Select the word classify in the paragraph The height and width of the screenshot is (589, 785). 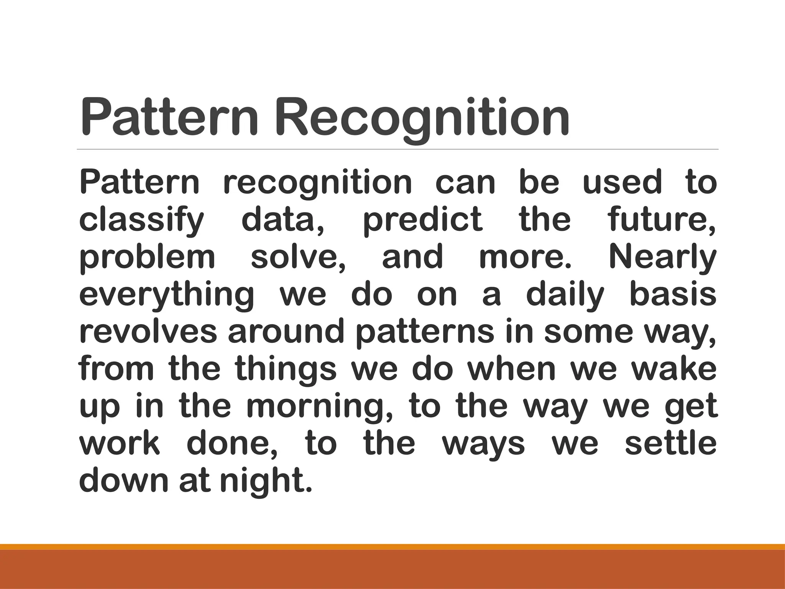pos(141,220)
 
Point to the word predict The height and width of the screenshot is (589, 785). pos(422,220)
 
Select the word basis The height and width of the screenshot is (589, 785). pos(673,294)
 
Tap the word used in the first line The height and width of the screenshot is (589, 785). pos(622,183)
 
